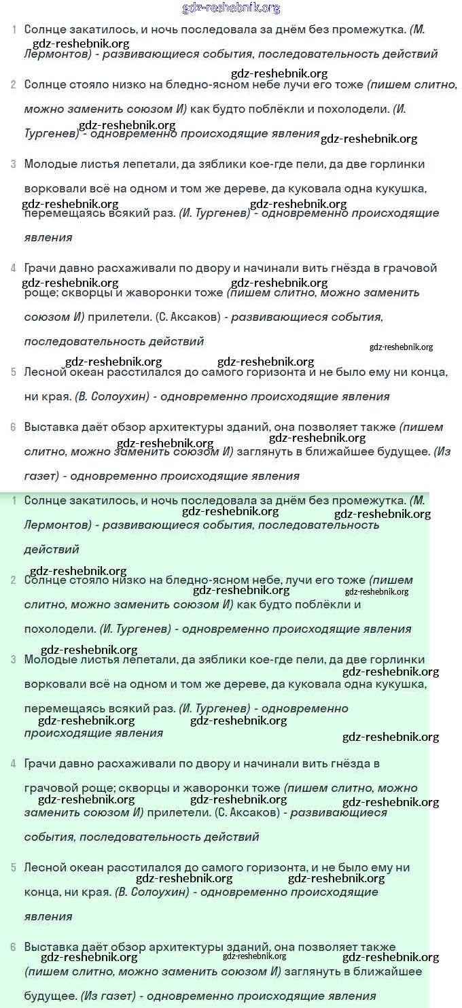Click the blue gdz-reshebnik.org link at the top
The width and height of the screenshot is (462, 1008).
tap(231, 8)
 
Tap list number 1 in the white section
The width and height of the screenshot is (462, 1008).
tap(14, 30)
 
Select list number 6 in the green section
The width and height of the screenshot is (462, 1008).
tap(14, 947)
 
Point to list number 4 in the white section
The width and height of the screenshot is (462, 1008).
tap(14, 268)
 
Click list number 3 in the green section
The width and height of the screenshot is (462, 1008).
tap(14, 659)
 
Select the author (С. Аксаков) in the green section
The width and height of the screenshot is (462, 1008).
tap(247, 812)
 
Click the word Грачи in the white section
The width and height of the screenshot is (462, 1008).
tap(40, 268)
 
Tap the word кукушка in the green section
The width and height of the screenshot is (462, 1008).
tap(397, 684)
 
